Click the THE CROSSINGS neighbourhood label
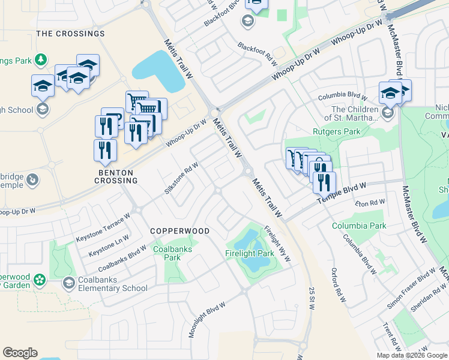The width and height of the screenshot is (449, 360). pyautogui.click(x=70, y=34)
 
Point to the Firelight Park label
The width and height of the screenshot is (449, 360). pyautogui.click(x=250, y=254)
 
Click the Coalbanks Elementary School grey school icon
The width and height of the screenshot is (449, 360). pyautogui.click(x=69, y=283)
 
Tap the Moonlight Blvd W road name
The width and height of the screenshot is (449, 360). pyautogui.click(x=207, y=319)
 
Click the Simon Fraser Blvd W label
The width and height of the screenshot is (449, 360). pyautogui.click(x=411, y=288)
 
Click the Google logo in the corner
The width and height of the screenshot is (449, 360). pyautogui.click(x=20, y=353)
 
